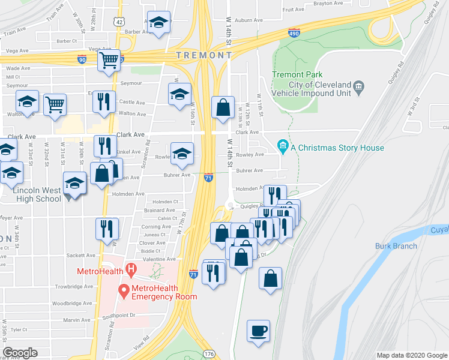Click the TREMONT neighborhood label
[x=203, y=55]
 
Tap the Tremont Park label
[x=289, y=74]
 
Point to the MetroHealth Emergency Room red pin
[x=124, y=291]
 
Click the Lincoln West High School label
[x=37, y=190]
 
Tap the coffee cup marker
[x=258, y=331]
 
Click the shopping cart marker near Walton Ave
[x=55, y=104]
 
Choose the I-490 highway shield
[x=294, y=32]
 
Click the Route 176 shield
[x=208, y=354]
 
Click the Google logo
[x=20, y=353]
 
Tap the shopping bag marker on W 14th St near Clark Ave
[x=223, y=109]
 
